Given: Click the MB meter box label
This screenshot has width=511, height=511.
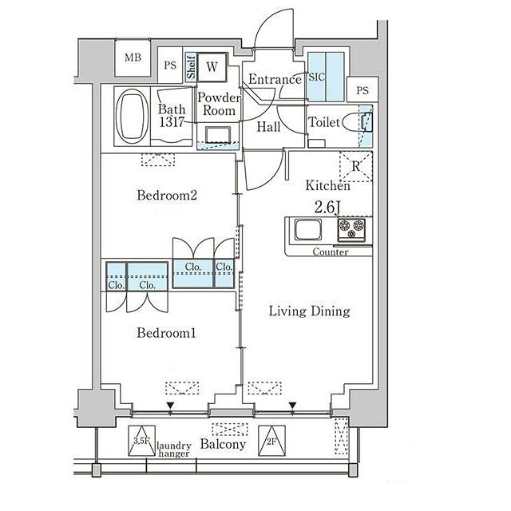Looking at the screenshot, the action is pyautogui.click(x=133, y=57).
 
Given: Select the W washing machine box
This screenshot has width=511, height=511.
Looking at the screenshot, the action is pyautogui.click(x=212, y=67).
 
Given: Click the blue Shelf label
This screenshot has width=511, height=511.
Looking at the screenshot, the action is pyautogui.click(x=191, y=67).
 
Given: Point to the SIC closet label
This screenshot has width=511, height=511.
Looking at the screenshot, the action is pyautogui.click(x=316, y=77).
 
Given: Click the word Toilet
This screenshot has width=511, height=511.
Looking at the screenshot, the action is pyautogui.click(x=325, y=122).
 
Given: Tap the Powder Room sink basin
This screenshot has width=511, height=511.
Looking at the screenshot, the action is pyautogui.click(x=218, y=135).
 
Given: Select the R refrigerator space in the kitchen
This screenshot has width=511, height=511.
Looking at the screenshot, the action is pyautogui.click(x=355, y=166).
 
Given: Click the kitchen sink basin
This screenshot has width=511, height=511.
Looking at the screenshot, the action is pyautogui.click(x=308, y=229).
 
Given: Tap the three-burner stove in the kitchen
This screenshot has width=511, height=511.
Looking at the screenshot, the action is pyautogui.click(x=351, y=229).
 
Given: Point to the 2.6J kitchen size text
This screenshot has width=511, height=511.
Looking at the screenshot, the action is pyautogui.click(x=327, y=207).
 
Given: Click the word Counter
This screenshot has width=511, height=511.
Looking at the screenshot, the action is pyautogui.click(x=330, y=252).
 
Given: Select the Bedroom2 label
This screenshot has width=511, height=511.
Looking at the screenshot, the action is pyautogui.click(x=167, y=195).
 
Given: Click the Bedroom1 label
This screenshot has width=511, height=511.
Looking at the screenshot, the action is pyautogui.click(x=167, y=333).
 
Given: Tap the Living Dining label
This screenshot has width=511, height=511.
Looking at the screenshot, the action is pyautogui.click(x=309, y=311).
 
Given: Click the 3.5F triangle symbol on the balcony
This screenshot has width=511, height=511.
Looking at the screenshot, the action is pyautogui.click(x=142, y=441).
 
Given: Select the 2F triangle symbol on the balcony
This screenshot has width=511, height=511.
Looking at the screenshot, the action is pyautogui.click(x=271, y=441).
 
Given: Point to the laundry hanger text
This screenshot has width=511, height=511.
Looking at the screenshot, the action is pyautogui.click(x=173, y=450).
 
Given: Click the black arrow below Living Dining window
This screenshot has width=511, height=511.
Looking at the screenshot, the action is pyautogui.click(x=293, y=405).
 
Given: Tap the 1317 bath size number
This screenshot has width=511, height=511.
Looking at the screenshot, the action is pyautogui.click(x=172, y=122).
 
